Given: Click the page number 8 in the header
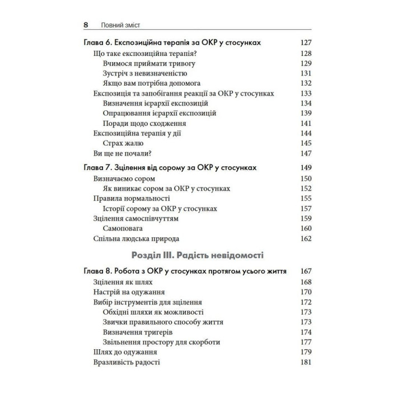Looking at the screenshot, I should tap(86, 25).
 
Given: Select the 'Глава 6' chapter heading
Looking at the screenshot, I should tap(176, 43).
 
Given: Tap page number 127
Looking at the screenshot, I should tap(306, 43).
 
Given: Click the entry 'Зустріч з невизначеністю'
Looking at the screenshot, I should tap(145, 73).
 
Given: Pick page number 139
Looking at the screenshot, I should tap(306, 114).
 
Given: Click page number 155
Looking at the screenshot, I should tap(306, 199).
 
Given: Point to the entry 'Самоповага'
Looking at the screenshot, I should tap(123, 229).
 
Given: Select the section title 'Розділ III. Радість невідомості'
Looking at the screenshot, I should tap(201, 257).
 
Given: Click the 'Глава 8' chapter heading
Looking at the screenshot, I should tap(185, 271).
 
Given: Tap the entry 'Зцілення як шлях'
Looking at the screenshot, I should tap(121, 282).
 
